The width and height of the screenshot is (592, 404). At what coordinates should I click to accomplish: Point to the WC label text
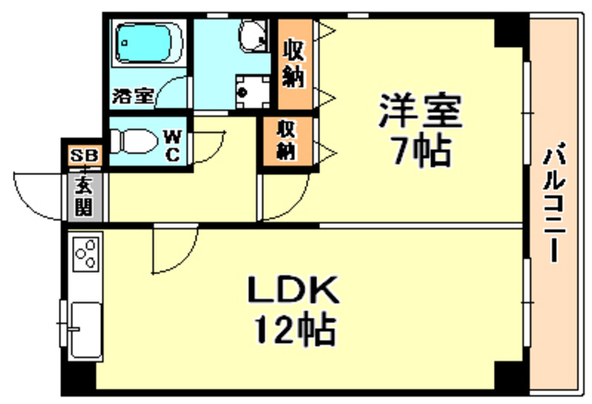(173, 143)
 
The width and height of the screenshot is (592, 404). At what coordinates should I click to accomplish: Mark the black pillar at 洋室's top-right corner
(511, 31)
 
